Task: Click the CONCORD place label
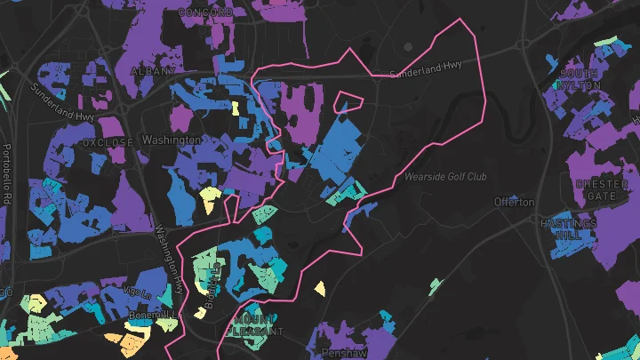pyautogui.click(x=205, y=12)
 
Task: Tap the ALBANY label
pyautogui.click(x=148, y=69)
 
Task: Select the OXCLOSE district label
pyautogui.click(x=107, y=141)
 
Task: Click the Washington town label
pyautogui.click(x=171, y=140)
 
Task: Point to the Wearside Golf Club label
pyautogui.click(x=445, y=177)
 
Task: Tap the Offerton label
pyautogui.click(x=515, y=202)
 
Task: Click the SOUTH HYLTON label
pyautogui.click(x=579, y=78)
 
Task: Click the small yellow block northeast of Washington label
pyautogui.click(x=236, y=108)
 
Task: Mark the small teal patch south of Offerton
pyautogui.click(x=435, y=285)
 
